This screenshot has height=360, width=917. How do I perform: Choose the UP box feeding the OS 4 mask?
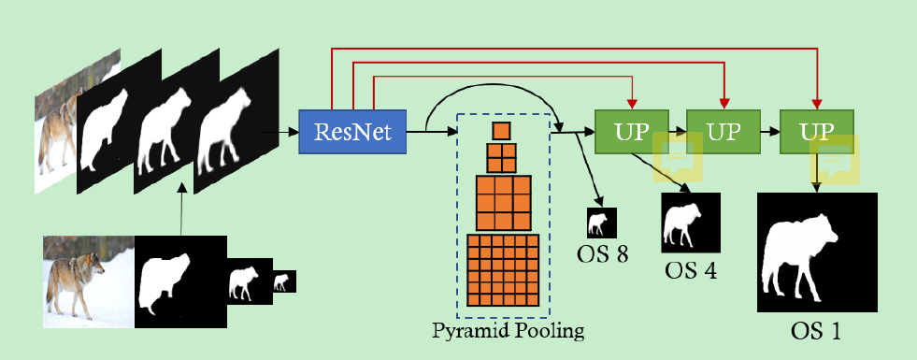(632, 132)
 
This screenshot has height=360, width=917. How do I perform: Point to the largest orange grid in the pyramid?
(503, 269)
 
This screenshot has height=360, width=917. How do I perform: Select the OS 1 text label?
(816, 330)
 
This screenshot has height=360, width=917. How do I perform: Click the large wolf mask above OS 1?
(816, 252)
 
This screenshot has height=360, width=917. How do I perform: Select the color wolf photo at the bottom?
(89, 281)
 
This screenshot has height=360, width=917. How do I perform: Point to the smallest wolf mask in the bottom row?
(283, 281)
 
